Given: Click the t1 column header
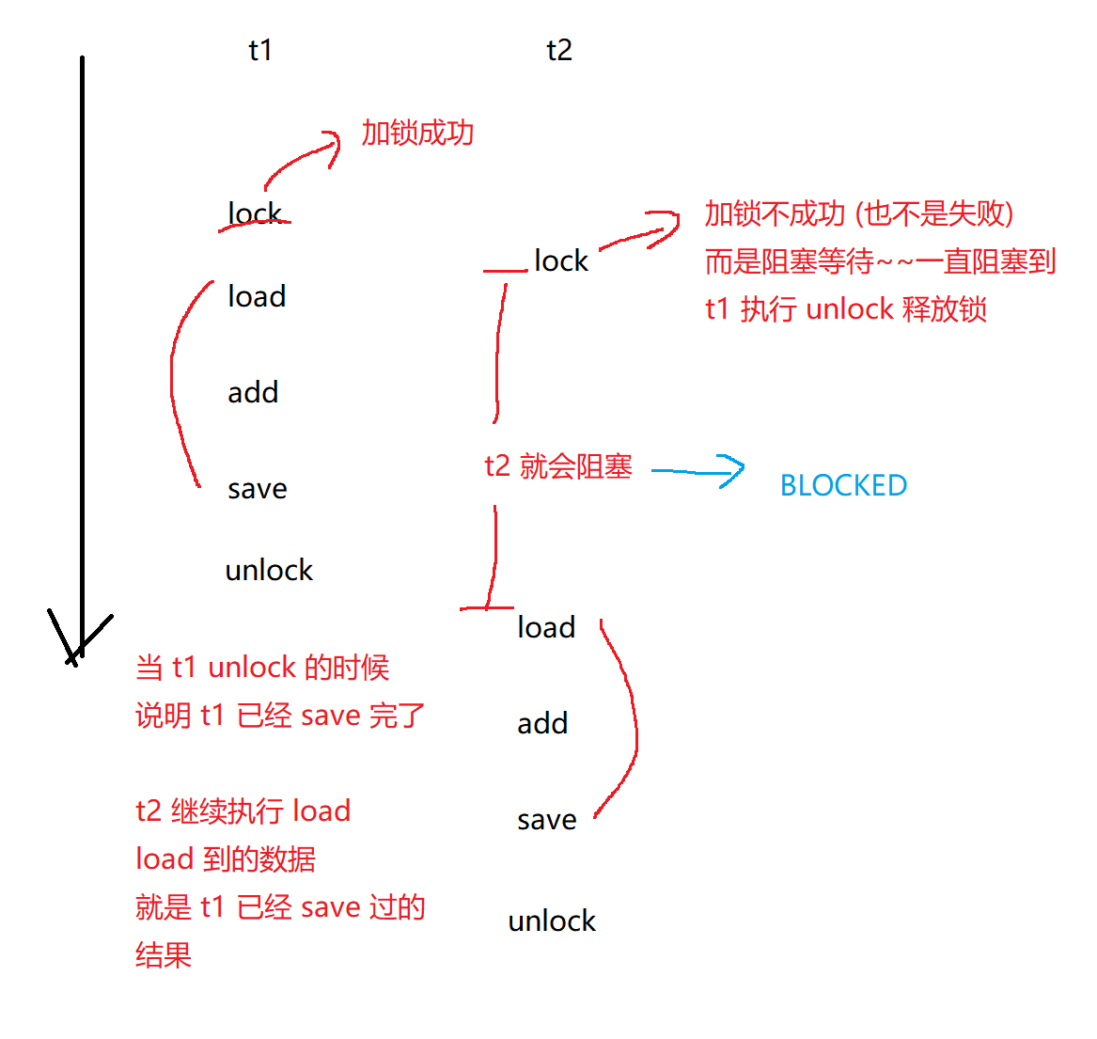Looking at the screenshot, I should [260, 50].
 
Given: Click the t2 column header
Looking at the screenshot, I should [559, 50].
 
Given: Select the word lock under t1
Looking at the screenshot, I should [255, 214].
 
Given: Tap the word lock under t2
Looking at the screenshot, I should [561, 260].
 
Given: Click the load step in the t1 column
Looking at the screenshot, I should [257, 297].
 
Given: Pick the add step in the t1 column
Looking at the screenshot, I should [253, 392].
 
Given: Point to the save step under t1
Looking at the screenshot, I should [258, 489].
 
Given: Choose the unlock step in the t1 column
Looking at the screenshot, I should [269, 570].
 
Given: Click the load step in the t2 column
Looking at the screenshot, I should [546, 627].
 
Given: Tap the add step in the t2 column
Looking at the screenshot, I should [542, 723].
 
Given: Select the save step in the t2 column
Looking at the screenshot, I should [547, 820].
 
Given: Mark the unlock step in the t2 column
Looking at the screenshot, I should [552, 921].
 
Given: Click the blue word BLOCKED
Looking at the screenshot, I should [843, 485].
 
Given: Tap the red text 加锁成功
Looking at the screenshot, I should [417, 134].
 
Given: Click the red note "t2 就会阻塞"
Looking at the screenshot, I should [558, 466].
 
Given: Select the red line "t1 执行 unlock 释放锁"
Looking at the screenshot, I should [846, 309].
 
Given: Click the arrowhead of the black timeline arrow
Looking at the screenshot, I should [80, 645].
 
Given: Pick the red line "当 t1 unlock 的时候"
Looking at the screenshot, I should [262, 668].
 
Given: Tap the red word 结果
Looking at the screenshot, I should [164, 955].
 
